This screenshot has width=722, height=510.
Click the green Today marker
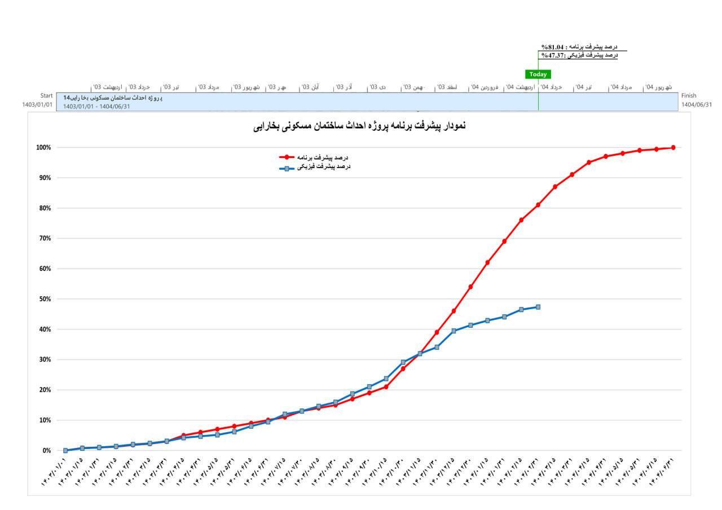[538, 74]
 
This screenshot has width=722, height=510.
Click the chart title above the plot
[359, 126]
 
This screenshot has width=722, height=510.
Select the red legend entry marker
[287, 157]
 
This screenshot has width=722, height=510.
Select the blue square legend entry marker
[287, 168]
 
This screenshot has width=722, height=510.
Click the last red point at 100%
[673, 148]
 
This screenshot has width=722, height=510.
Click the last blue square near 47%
[538, 307]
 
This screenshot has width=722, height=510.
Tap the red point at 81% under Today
[538, 205]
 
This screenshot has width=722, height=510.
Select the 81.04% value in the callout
[553, 47]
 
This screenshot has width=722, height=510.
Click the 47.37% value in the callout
[553, 55]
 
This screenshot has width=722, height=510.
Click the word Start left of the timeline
[46, 96]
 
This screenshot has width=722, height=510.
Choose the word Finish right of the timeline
[689, 96]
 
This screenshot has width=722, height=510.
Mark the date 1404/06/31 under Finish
[697, 104]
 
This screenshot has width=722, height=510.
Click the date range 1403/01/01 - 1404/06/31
[96, 106]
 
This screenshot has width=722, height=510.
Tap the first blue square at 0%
[65, 451]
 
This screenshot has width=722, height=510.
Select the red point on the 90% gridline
[572, 175]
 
